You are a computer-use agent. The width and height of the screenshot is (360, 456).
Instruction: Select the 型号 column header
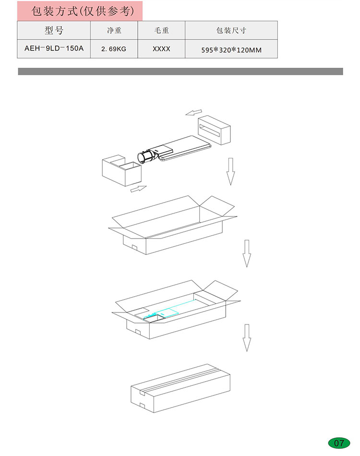(54, 30)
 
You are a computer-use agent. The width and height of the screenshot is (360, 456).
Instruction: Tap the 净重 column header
(114, 30)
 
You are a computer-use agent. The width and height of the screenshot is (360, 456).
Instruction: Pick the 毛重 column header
(161, 30)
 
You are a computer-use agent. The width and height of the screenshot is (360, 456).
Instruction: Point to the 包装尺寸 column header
(231, 30)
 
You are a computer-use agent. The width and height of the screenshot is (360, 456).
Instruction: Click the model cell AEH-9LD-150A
(54, 48)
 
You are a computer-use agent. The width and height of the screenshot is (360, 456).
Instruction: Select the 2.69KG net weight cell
(114, 49)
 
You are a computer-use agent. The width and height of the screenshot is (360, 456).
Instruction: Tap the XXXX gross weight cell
(161, 49)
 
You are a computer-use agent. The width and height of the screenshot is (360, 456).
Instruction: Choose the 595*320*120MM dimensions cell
(231, 50)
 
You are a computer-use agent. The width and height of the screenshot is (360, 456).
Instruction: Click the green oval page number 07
(339, 443)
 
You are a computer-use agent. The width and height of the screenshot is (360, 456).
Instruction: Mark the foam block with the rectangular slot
(214, 130)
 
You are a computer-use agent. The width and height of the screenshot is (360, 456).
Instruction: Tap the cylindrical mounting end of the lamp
(145, 157)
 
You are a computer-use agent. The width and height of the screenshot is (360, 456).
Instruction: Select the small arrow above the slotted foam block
(193, 112)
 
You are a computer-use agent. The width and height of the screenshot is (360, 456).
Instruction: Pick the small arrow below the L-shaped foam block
(138, 189)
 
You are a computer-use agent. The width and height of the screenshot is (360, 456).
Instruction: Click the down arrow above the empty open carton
(230, 171)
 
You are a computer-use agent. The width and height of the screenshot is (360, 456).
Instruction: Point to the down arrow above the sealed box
(247, 338)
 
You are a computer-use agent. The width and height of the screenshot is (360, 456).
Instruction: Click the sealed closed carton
(180, 388)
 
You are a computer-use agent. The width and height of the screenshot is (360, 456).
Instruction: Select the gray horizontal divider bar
(180, 71)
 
